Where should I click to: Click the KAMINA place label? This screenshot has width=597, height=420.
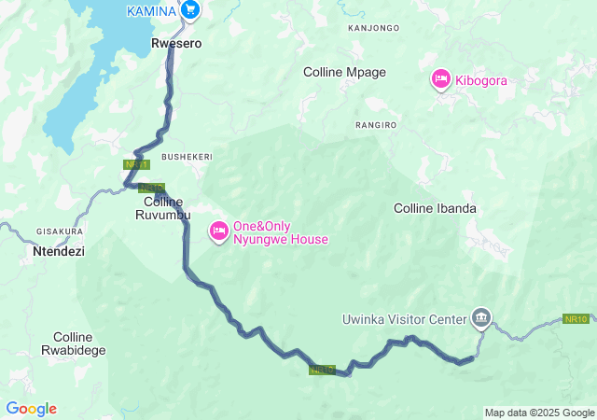pyautogui.click(x=151, y=10)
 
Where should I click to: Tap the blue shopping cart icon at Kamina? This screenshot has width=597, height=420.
pyautogui.click(x=190, y=10)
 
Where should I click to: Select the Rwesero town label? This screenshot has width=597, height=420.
pyautogui.click(x=177, y=43)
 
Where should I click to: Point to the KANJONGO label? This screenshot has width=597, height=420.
pyautogui.click(x=373, y=28)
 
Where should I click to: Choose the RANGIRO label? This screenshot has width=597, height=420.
pyautogui.click(x=376, y=124)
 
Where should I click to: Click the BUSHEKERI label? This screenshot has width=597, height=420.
pyautogui.click(x=187, y=157)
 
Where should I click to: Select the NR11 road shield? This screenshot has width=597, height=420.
pyautogui.click(x=135, y=164)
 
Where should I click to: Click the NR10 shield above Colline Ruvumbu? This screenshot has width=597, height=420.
pyautogui.click(x=152, y=188)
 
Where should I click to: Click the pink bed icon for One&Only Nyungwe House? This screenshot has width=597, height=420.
pyautogui.click(x=219, y=231)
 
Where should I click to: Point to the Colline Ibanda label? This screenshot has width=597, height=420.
pyautogui.click(x=436, y=208)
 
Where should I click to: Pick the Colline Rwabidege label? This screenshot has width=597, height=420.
pyautogui.click(x=79, y=343)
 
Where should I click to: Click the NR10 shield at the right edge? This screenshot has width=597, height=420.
pyautogui.click(x=576, y=319)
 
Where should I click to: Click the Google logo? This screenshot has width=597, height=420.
pyautogui.click(x=31, y=409)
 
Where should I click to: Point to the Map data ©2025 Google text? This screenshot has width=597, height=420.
pyautogui.click(x=538, y=413)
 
